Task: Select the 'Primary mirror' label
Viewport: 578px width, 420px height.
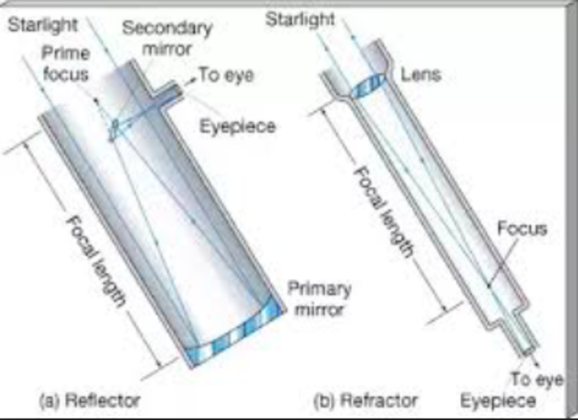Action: pos(318,300)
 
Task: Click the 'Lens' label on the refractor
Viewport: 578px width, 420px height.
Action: pos(419,74)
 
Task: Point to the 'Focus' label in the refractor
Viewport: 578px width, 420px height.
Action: pos(522,229)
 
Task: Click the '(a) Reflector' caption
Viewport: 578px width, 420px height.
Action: pos(89,398)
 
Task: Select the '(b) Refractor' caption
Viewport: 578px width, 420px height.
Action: pos(364,398)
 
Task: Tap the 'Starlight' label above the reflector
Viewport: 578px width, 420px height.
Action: pos(42,18)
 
